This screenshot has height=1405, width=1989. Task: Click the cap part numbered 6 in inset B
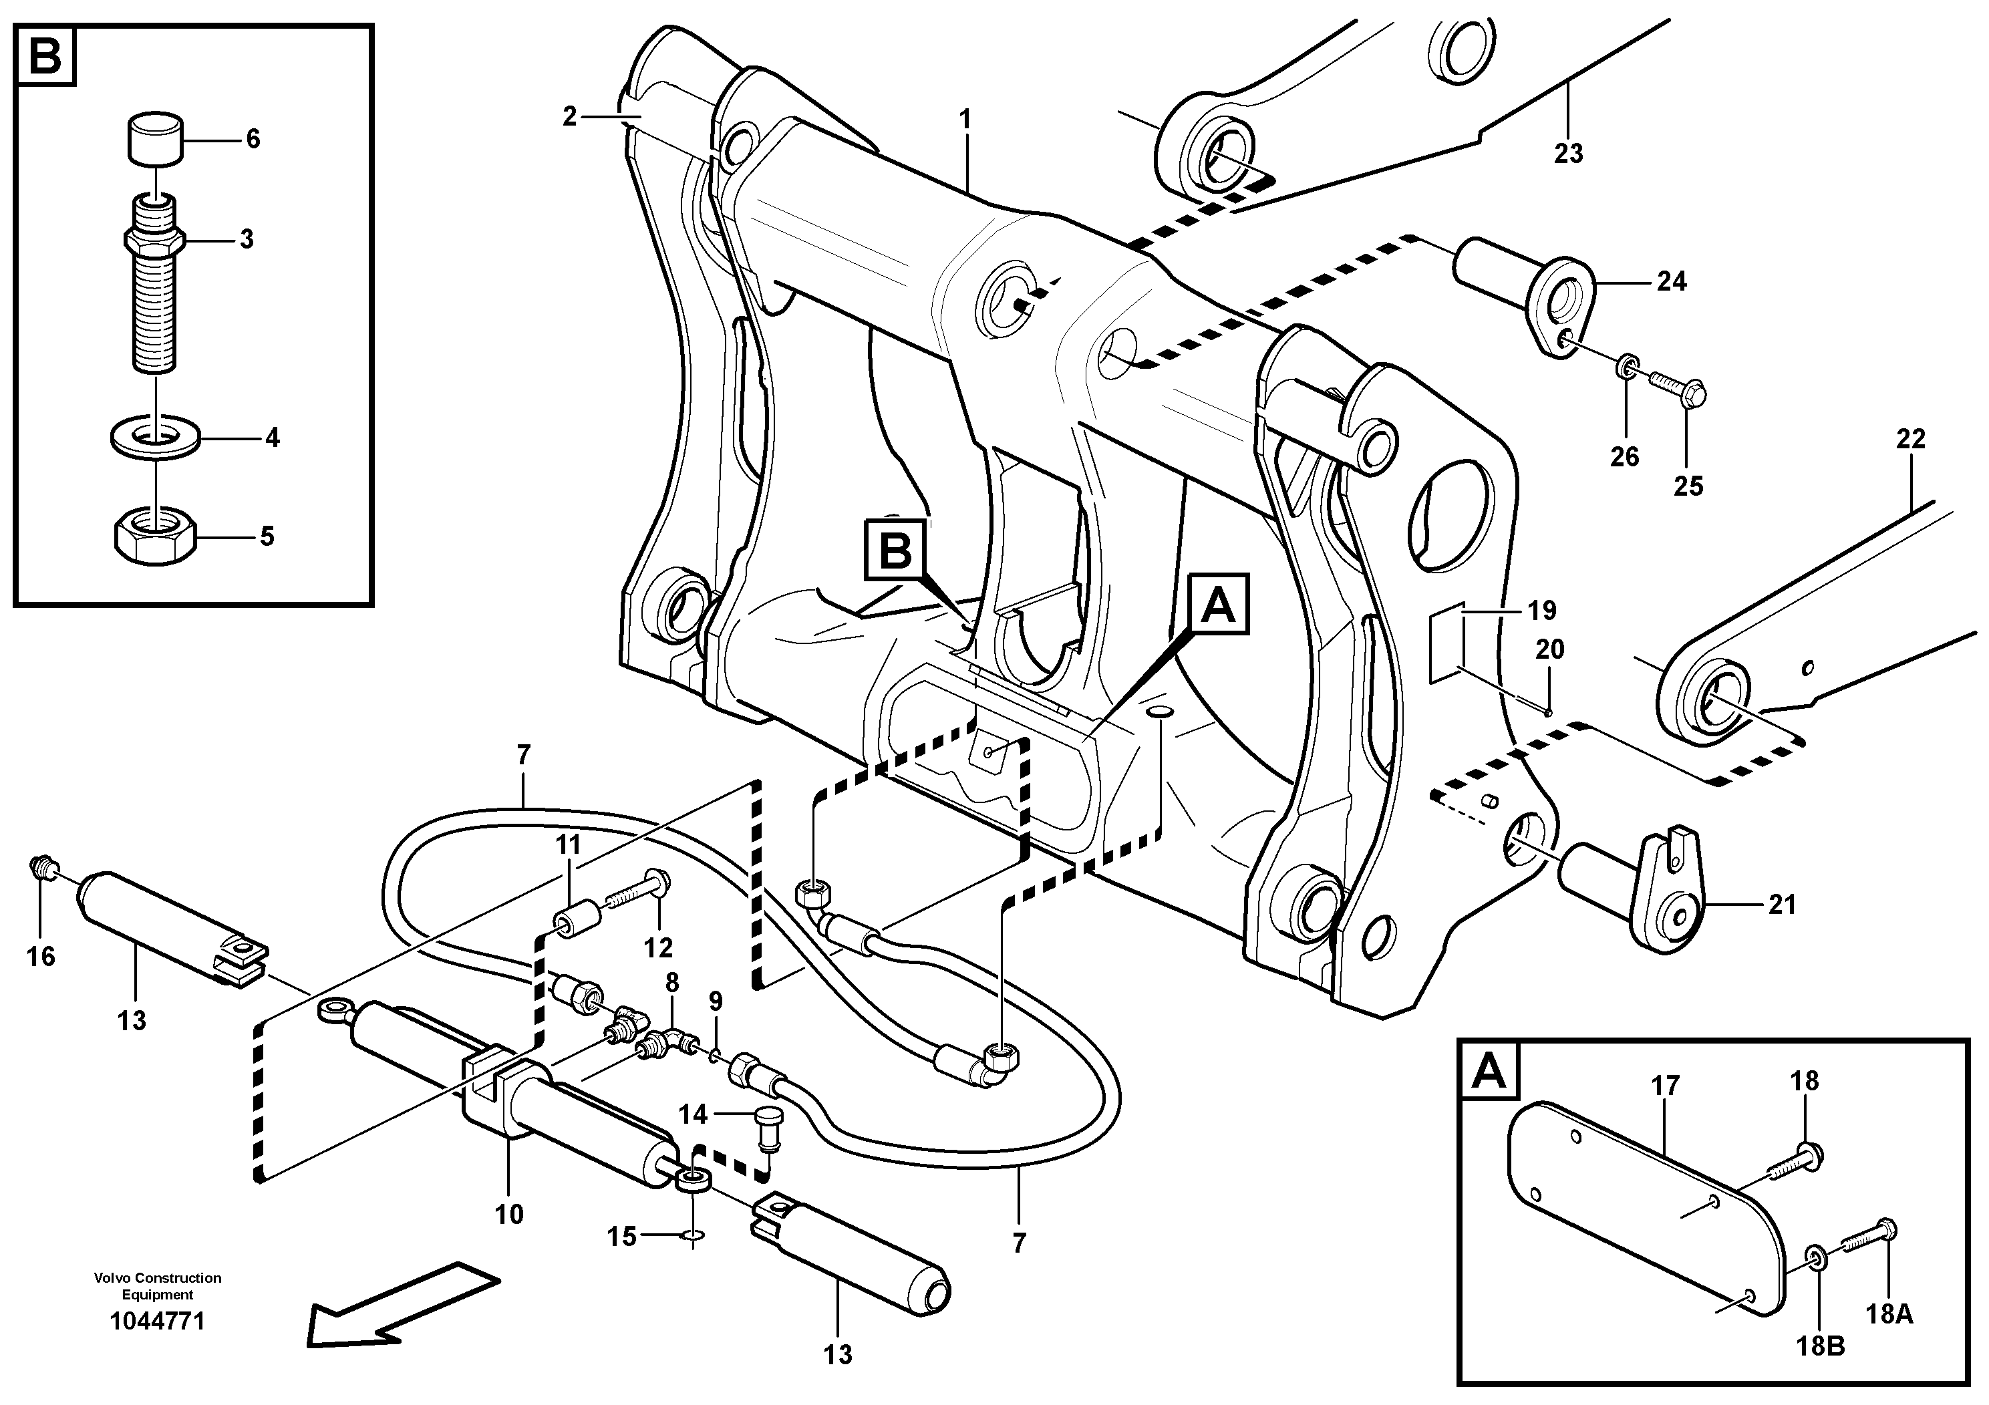pyautogui.click(x=156, y=138)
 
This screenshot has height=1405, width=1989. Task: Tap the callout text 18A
pyautogui.click(x=1889, y=1315)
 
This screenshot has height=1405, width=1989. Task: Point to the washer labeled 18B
pyautogui.click(x=1817, y=1279)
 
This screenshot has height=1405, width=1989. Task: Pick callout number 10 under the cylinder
pyautogui.click(x=508, y=1215)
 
